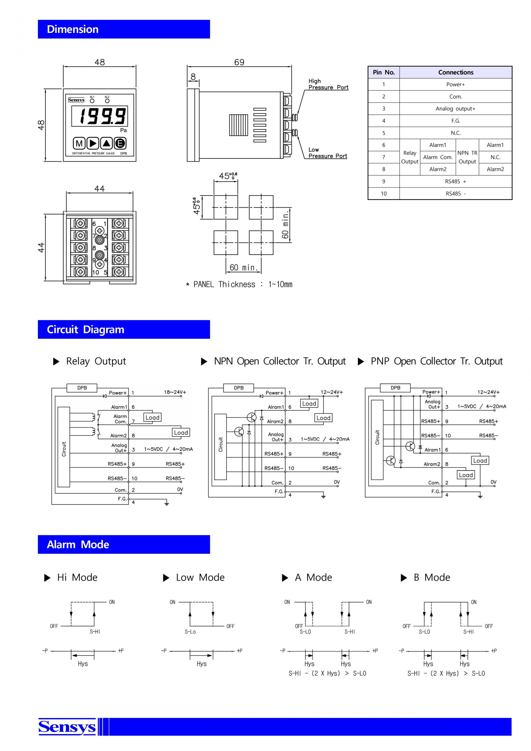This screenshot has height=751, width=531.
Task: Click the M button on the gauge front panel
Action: (79, 143)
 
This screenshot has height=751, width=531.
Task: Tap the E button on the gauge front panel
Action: (120, 143)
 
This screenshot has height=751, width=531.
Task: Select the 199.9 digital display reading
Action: (103, 116)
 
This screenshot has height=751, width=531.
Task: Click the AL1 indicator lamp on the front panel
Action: (92, 101)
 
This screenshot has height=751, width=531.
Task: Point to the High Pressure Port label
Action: (328, 84)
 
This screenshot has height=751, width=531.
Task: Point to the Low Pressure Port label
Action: (328, 153)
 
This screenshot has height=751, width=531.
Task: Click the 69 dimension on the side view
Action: (239, 62)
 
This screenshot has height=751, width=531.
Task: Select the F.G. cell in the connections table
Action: (455, 121)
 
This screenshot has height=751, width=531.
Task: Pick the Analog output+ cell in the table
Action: (455, 109)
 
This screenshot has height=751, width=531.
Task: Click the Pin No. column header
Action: (384, 72)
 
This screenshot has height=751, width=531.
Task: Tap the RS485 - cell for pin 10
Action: (455, 194)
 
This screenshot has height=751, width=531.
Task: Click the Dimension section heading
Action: (72, 29)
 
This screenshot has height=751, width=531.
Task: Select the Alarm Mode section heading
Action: (78, 544)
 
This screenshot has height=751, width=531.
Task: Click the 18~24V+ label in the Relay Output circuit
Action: (175, 392)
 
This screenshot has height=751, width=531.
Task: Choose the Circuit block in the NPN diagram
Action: (220, 447)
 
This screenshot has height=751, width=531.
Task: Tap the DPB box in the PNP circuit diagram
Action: (395, 388)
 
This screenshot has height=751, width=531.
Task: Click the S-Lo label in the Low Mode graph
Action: (190, 632)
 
